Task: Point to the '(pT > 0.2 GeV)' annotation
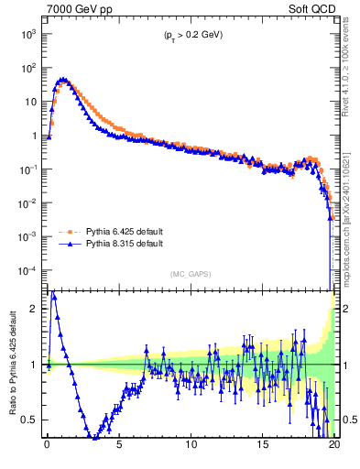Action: click(x=188, y=35)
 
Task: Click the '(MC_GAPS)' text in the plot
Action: click(x=189, y=273)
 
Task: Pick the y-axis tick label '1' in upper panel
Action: click(x=32, y=136)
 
